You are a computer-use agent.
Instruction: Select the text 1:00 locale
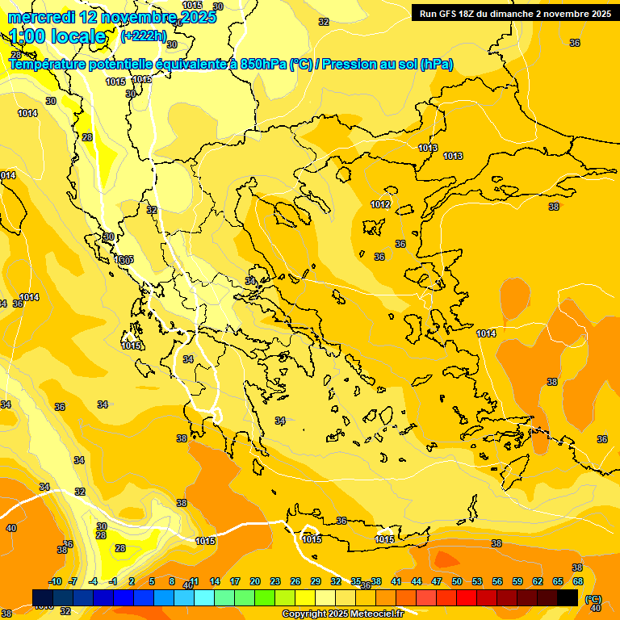pos(57,36)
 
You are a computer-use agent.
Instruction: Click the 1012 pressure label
pos(380,204)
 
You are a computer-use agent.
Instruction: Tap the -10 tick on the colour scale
pos(56,581)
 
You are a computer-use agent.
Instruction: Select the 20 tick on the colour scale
pos(255,581)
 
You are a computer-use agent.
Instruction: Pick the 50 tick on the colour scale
pos(457,581)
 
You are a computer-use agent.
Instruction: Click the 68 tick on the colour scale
pos(578,581)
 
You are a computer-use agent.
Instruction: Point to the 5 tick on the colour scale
pos(152,581)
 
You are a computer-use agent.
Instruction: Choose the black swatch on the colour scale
pos(568,597)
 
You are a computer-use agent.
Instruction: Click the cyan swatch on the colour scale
pos(204,597)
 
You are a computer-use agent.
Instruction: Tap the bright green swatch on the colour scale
pos(265,597)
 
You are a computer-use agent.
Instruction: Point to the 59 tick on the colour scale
pos(517,581)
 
